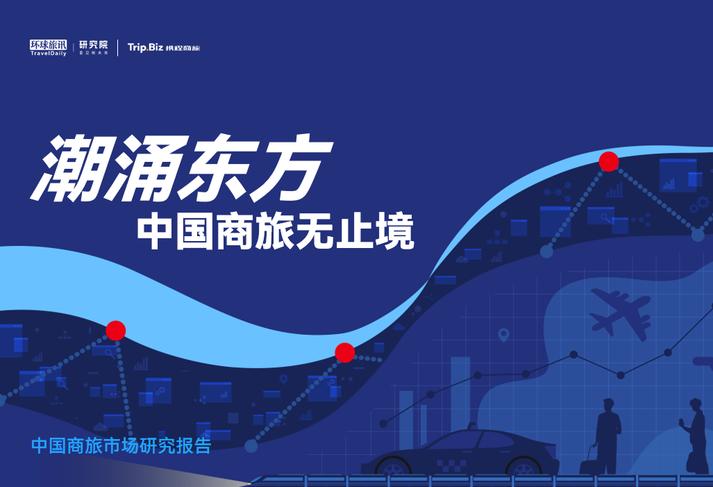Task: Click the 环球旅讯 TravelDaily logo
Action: click(48, 47)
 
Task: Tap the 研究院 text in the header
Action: click(94, 44)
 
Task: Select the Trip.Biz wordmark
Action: click(145, 47)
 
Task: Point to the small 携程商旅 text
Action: click(183, 48)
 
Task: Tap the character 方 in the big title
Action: click(291, 168)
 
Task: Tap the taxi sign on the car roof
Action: click(471, 426)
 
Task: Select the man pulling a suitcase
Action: click(608, 436)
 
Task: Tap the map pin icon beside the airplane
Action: click(503, 335)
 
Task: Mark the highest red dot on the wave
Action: click(609, 162)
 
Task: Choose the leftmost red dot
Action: click(115, 331)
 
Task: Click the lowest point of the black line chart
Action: click(383, 424)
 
